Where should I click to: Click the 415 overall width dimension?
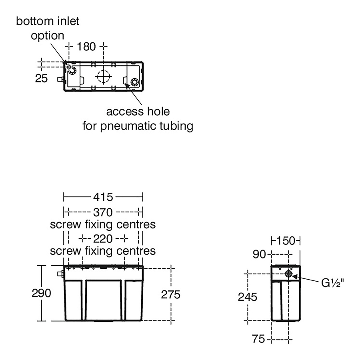104,197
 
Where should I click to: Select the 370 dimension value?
103,212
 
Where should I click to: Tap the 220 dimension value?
103,239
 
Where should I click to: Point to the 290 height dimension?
42,293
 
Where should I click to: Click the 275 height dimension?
171,294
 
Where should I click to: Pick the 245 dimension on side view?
248,297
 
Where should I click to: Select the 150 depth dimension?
286,241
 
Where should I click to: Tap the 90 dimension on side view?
259,254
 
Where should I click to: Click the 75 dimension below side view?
259,339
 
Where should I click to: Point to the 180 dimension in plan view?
86,47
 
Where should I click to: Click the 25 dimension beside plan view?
41,78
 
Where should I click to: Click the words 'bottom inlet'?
48,21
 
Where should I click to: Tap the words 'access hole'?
138,111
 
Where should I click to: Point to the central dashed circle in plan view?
103,76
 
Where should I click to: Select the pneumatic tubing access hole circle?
134,82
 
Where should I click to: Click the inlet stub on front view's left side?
61,274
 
